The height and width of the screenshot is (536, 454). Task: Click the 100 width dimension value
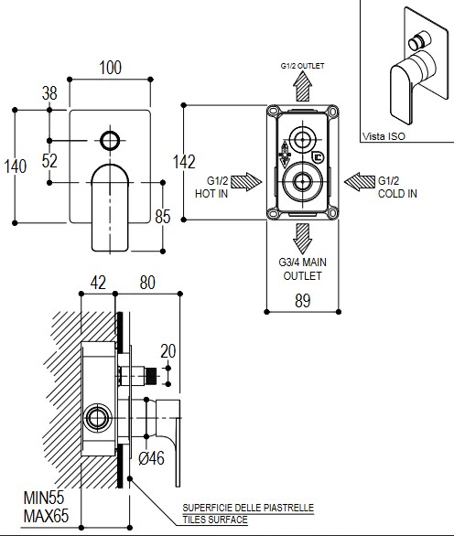110,68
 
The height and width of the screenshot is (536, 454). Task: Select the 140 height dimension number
15,166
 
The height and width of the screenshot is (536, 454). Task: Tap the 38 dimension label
49,93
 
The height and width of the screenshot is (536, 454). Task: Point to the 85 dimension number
163,217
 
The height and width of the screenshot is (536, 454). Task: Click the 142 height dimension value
184,162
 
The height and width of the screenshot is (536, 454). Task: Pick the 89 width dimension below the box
302,301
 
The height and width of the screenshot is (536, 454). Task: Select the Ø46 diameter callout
152,458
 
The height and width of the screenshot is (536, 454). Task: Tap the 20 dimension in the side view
168,351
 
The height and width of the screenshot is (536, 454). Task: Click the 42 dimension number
98,283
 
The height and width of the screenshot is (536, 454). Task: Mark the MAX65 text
46,516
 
